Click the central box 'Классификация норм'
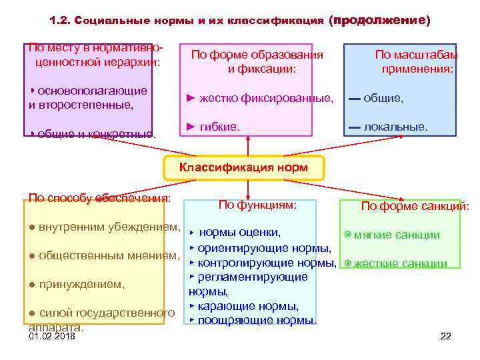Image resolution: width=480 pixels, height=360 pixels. pyautogui.click(x=244, y=167)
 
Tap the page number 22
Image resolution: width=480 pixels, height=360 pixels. pyautogui.click(x=446, y=336)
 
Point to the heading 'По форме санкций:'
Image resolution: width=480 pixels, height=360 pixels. pyautogui.click(x=415, y=207)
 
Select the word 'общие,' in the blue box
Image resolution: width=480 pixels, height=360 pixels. pyautogui.click(x=383, y=98)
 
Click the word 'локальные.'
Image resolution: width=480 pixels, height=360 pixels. pyautogui.click(x=396, y=126)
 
